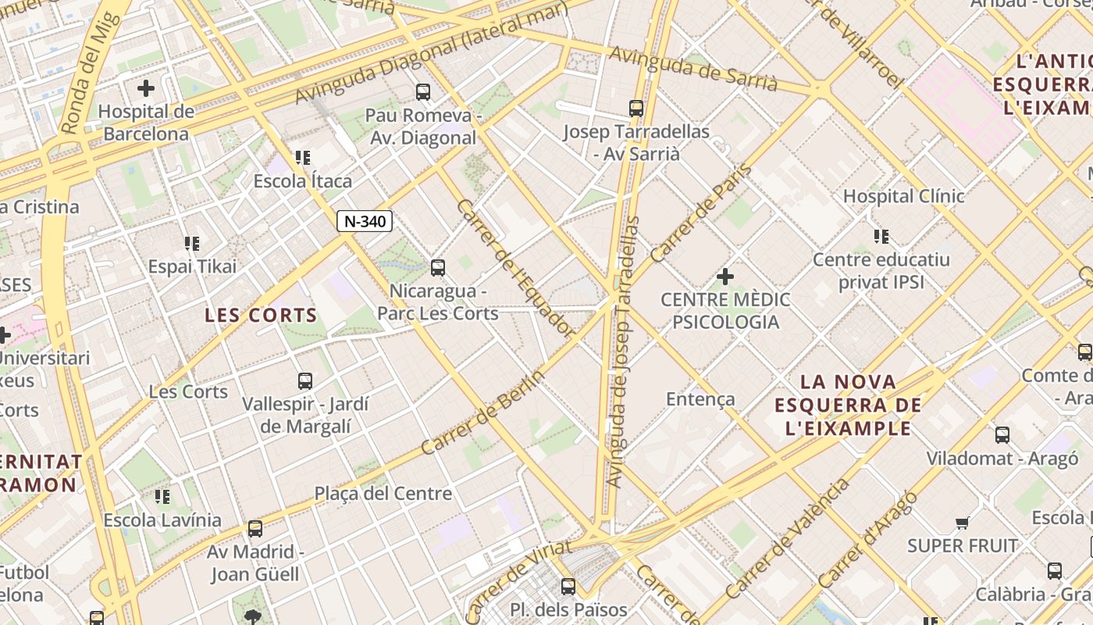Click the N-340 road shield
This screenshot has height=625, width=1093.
point(365,221)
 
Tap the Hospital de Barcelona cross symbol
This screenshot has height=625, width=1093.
point(146,88)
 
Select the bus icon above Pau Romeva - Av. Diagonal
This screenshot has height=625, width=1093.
point(423,92)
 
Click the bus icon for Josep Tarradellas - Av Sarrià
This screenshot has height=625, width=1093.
point(636,109)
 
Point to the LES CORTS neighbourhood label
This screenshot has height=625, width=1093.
point(261,316)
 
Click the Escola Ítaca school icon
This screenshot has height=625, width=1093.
point(303,159)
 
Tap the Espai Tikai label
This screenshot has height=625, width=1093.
point(192,266)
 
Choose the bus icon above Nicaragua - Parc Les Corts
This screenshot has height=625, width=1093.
point(438,268)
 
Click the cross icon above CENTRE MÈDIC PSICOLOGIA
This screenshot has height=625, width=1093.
point(725,276)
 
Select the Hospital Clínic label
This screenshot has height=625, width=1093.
point(903,196)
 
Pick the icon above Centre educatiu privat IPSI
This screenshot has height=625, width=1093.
point(881,237)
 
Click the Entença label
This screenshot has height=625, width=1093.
point(700,399)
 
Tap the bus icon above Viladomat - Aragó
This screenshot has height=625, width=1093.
point(1002,435)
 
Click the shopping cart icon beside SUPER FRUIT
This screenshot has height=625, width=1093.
point(963,523)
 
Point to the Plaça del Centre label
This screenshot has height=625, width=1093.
point(383,494)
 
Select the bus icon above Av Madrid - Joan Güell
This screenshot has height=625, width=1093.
point(255,529)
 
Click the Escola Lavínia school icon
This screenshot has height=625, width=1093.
point(162,497)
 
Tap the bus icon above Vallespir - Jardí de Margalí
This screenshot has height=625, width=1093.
point(305,381)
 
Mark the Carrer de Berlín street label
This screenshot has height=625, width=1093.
point(482,412)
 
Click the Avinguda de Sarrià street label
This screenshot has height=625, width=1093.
point(692,69)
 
